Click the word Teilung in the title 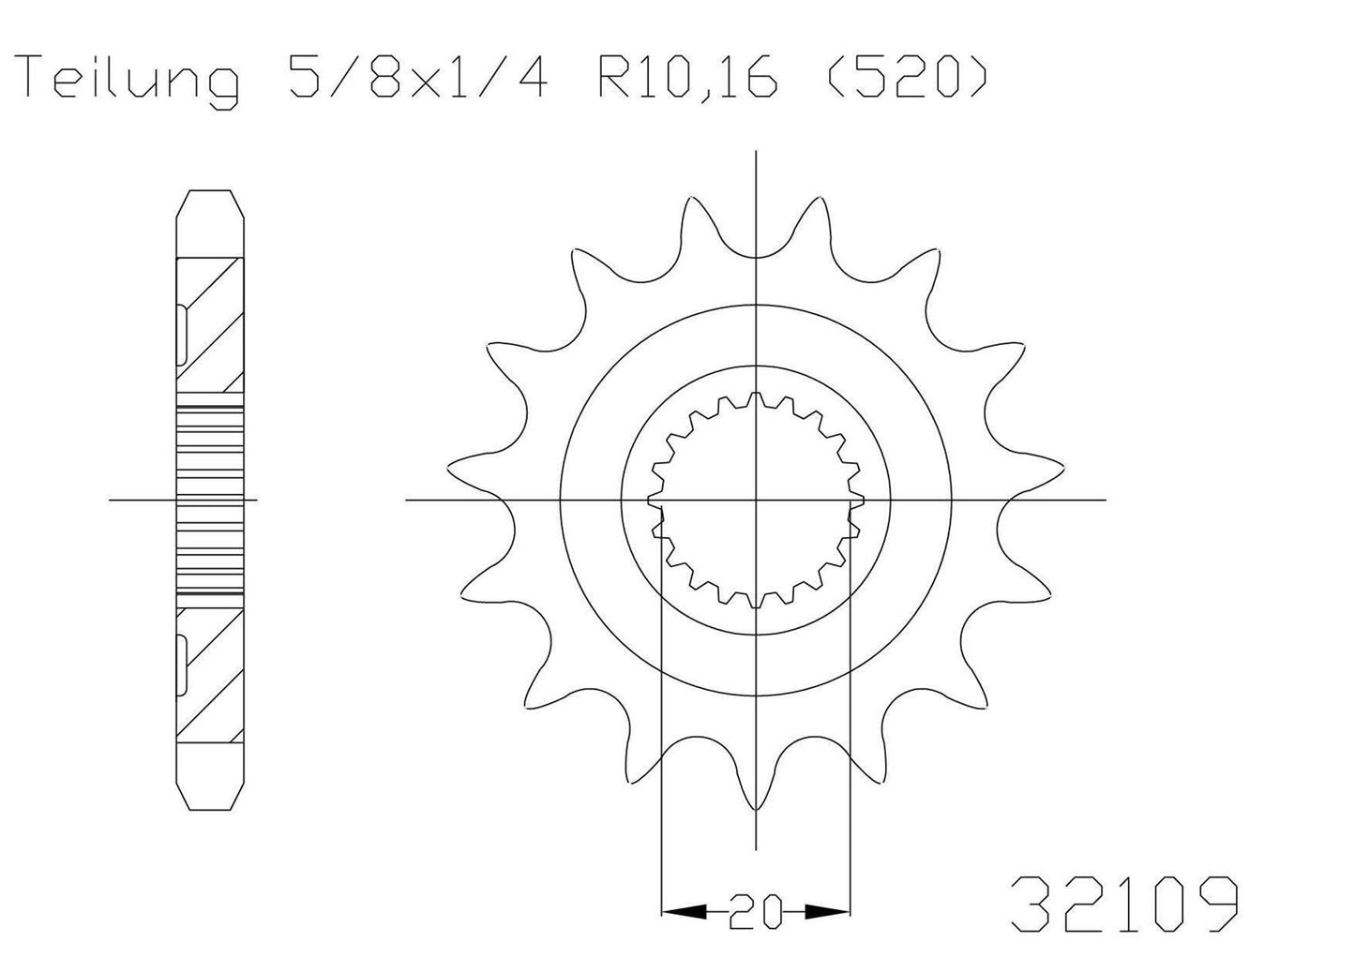[129, 80]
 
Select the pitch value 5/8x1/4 [410, 80]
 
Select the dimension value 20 [756, 911]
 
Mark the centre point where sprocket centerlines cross [756, 500]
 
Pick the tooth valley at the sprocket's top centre [756, 253]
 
